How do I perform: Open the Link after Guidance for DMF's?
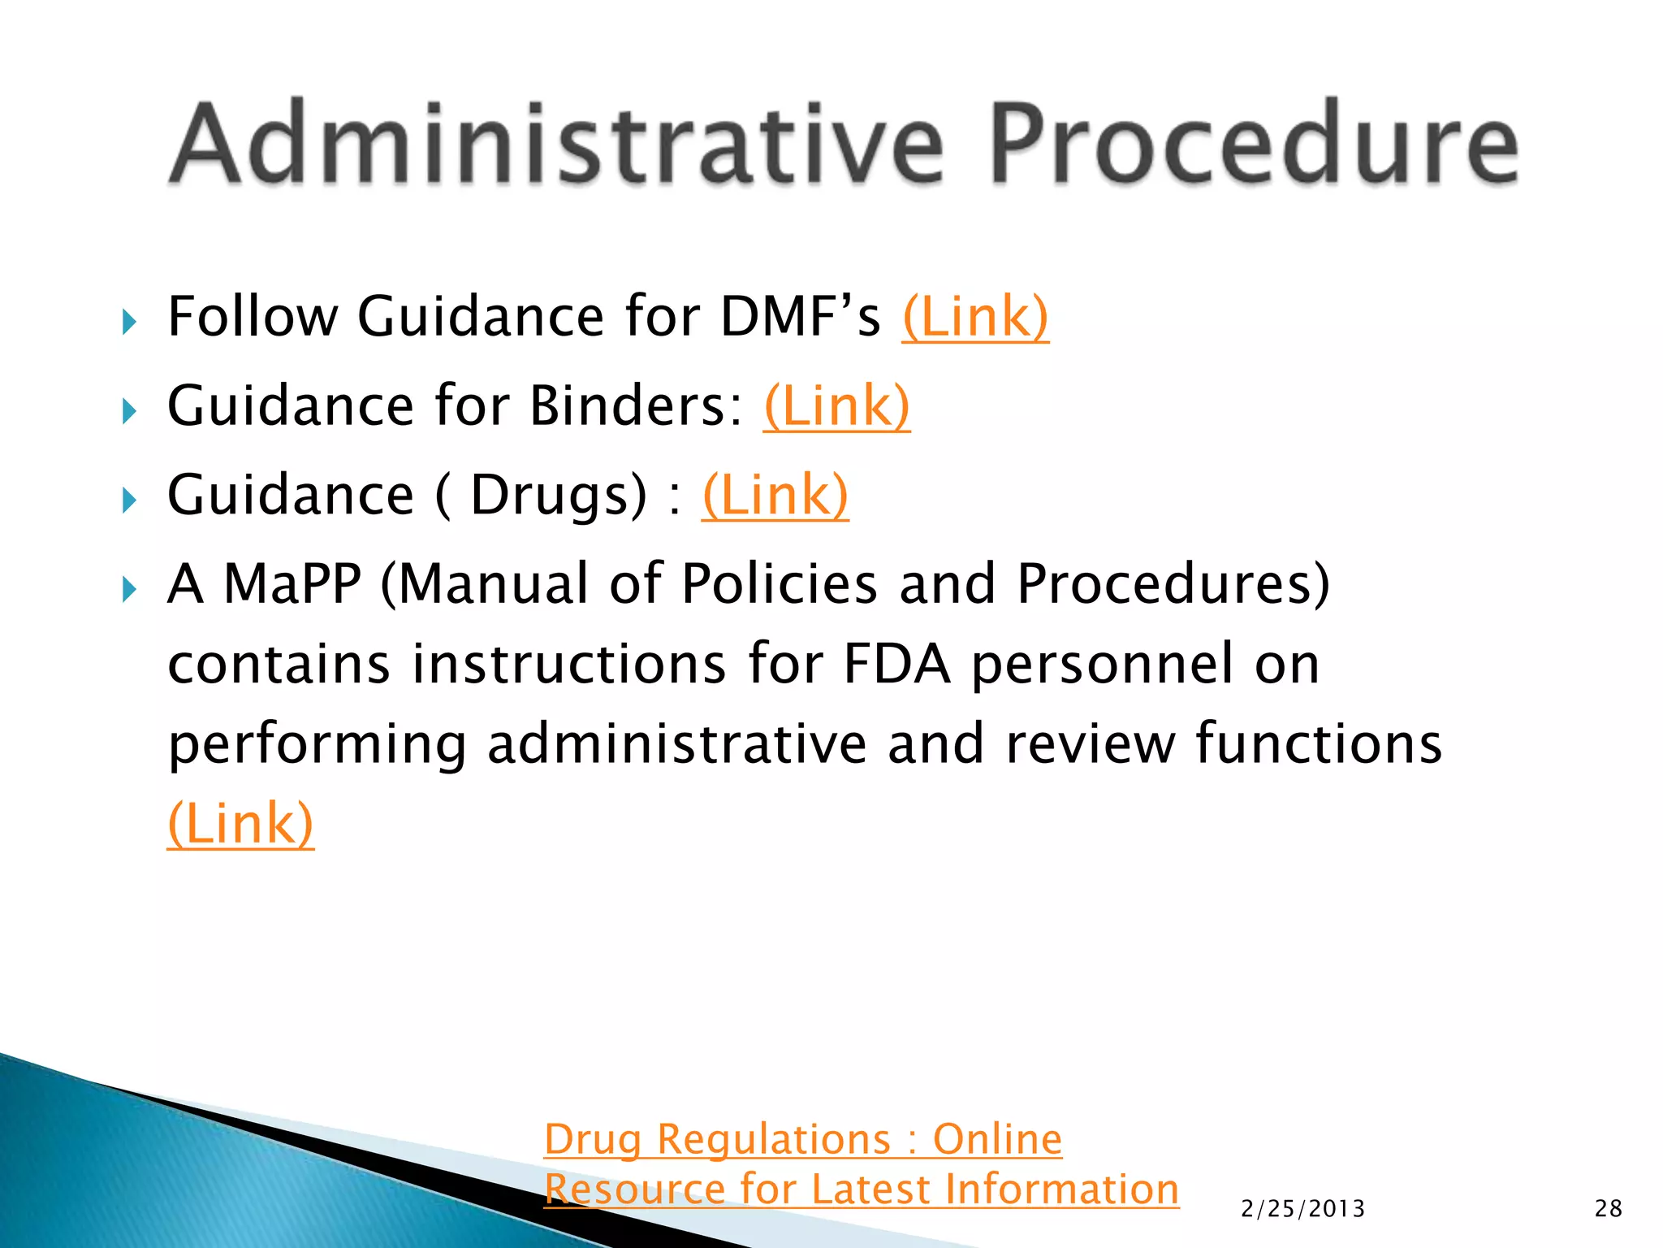coord(974,317)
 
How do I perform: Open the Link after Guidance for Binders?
coord(836,406)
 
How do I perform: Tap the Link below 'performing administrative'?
coord(240,824)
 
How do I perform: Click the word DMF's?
coord(800,317)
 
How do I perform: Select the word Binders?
coord(635,406)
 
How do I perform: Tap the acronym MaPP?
coord(292,583)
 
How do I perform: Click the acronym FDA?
coord(896,664)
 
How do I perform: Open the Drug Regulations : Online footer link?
coord(802,1139)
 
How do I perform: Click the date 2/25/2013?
coord(1302,1209)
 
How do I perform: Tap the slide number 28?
coord(1608,1209)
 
